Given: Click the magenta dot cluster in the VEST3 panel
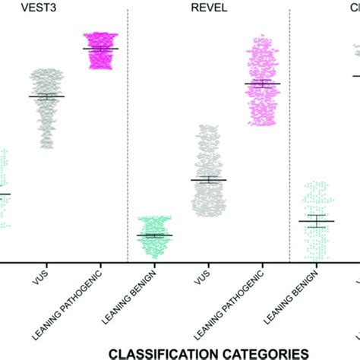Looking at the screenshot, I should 100,51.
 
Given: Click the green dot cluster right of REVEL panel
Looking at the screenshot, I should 316,220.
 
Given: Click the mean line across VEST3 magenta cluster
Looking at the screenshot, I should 100,49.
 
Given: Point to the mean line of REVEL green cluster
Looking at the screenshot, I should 155,235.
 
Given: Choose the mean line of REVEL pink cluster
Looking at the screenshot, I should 262,84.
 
